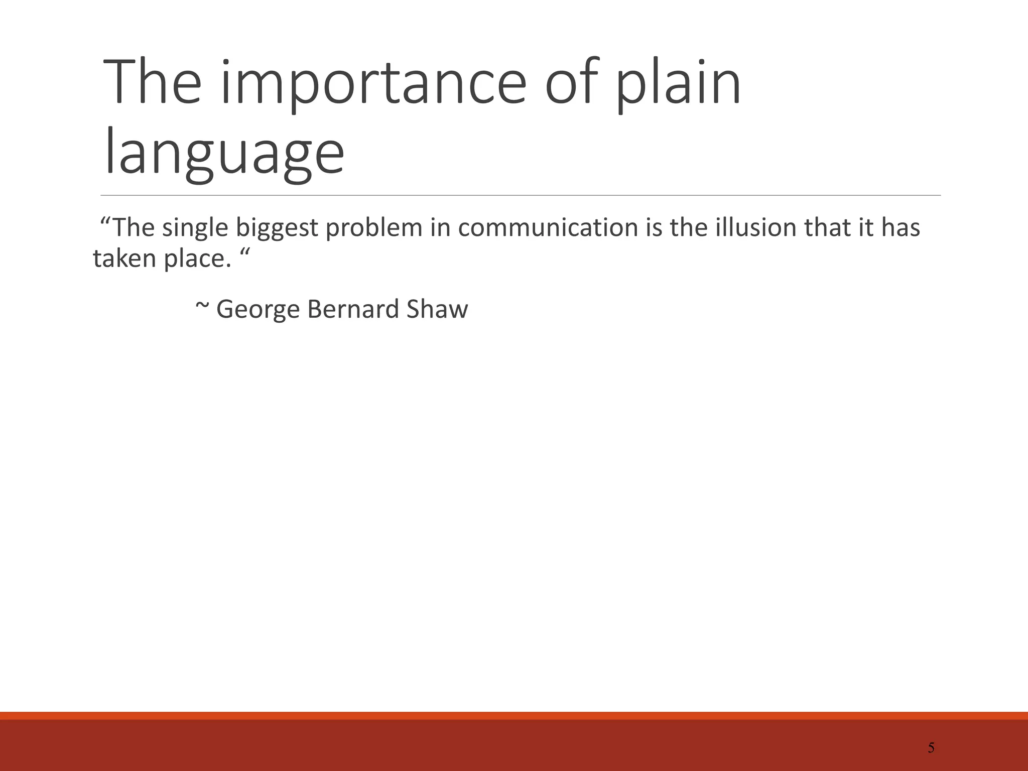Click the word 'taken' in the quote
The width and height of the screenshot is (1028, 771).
(125, 259)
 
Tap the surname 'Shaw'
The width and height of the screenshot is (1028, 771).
(437, 309)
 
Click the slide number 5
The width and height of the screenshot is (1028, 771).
(931, 748)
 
